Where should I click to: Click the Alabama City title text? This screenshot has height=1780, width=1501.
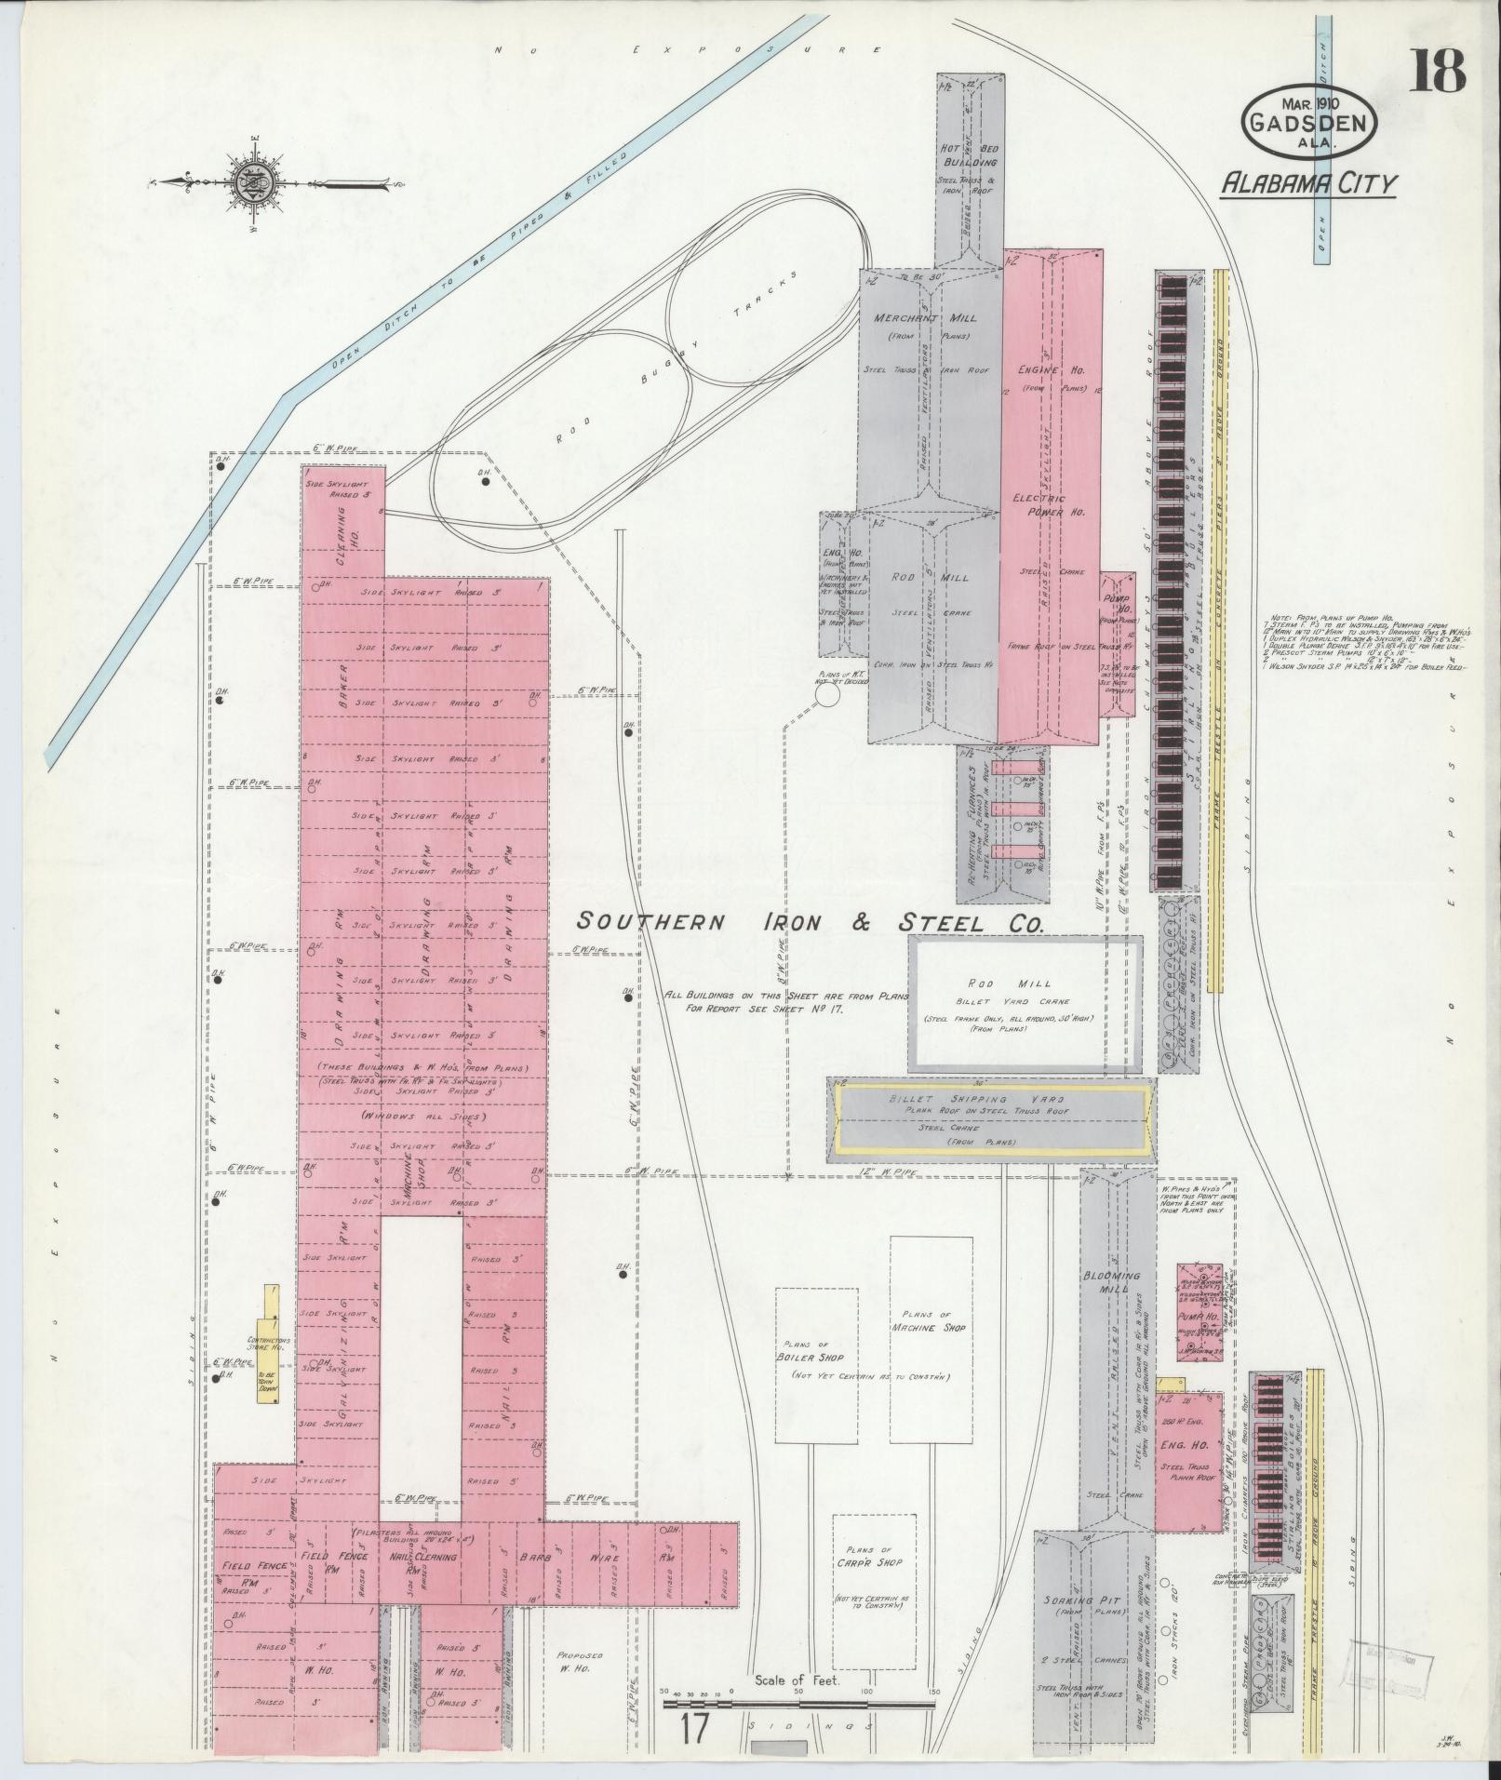(1308, 183)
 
